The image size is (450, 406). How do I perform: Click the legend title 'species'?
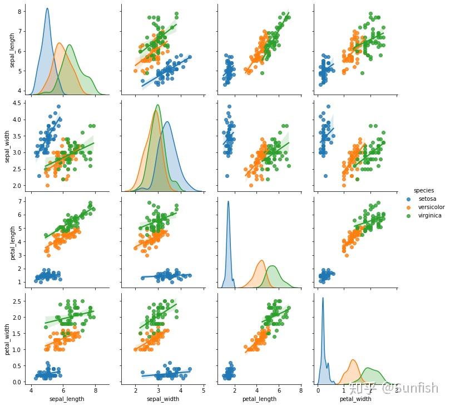pos(423,190)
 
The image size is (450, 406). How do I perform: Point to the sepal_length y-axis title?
pos(12,50)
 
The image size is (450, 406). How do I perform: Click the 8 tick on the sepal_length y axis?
pos(19,11)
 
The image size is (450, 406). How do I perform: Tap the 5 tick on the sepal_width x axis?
pos(204,390)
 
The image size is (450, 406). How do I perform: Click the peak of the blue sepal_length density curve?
pos(47,8)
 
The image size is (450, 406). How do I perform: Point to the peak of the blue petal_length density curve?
pos(228,201)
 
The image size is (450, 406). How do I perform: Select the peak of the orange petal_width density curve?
pos(353,360)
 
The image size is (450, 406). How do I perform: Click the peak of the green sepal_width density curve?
pos(158,105)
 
